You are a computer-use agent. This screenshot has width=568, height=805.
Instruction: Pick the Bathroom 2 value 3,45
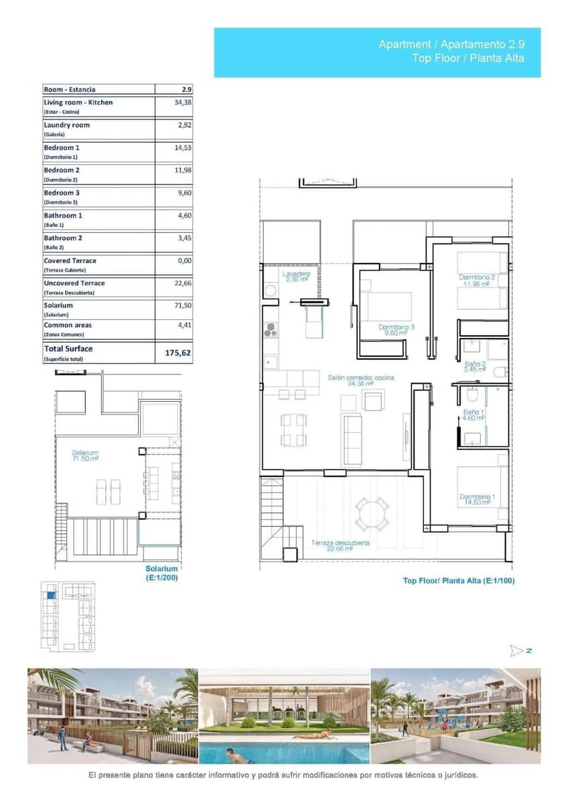(x=182, y=238)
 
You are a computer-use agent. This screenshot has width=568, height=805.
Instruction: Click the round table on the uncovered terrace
(x=372, y=514)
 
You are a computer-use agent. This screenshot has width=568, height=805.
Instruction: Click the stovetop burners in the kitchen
(x=270, y=329)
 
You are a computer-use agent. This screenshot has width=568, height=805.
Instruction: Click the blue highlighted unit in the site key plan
(x=50, y=594)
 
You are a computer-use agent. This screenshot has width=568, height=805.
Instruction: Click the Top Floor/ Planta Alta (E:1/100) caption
(x=459, y=581)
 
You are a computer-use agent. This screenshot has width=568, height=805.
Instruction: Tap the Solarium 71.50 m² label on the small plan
(x=85, y=456)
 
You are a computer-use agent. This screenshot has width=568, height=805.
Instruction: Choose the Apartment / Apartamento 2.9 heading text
(x=451, y=44)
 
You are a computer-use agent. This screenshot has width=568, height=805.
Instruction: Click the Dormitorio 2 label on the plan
(x=477, y=280)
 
